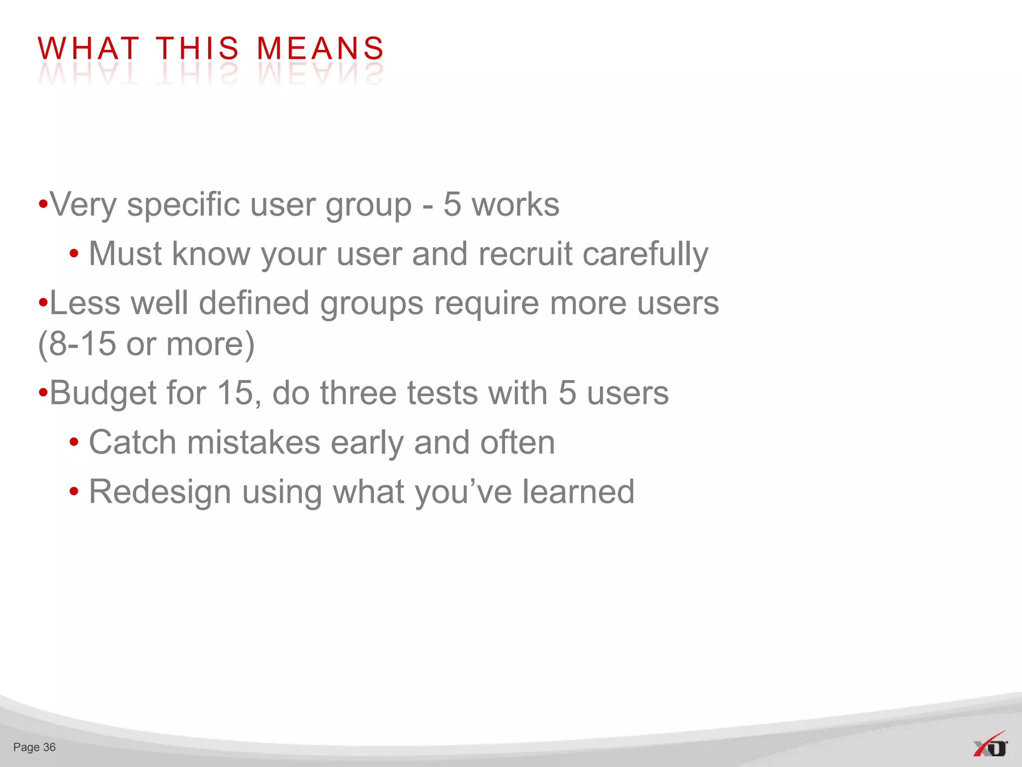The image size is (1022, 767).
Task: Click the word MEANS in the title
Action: click(x=320, y=48)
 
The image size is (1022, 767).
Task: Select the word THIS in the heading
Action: click(x=198, y=48)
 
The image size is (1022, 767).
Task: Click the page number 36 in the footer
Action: click(x=49, y=747)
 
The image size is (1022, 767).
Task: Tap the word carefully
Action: click(x=645, y=255)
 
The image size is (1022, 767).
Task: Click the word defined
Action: click(x=254, y=303)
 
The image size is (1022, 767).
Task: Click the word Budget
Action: click(x=102, y=393)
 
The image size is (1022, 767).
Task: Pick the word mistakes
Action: click(x=254, y=442)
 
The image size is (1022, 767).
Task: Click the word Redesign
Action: click(x=160, y=493)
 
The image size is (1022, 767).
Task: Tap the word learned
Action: click(x=578, y=492)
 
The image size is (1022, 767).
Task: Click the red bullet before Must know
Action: click(x=74, y=254)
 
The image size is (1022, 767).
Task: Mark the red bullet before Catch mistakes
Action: click(x=74, y=442)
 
